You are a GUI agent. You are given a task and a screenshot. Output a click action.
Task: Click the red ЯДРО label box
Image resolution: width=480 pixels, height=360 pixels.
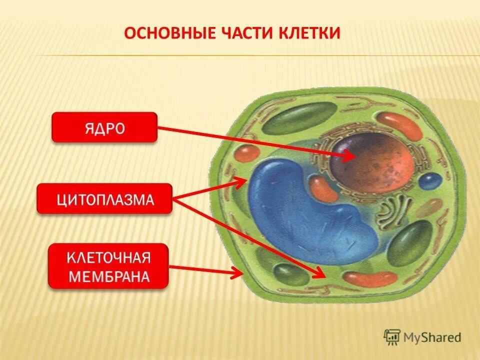coord(104,127)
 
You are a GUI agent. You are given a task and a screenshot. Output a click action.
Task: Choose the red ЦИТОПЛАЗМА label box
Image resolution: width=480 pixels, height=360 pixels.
coord(104,198)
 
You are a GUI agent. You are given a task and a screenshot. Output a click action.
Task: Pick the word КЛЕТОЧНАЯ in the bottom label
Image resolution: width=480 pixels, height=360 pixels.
coord(108,258)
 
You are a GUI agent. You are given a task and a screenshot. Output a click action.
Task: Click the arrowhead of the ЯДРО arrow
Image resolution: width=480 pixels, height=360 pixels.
coord(350,156)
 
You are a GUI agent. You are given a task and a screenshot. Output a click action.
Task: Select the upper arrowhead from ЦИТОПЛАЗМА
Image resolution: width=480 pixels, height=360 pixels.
coord(242,181)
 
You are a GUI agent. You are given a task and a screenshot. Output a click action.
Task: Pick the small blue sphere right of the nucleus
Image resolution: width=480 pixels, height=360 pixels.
coord(430,180)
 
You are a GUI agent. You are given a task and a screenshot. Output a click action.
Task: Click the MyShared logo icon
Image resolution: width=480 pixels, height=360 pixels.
coord(392,337)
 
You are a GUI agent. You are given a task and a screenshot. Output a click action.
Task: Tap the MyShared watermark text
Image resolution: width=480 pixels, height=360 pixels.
coord(432,337)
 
